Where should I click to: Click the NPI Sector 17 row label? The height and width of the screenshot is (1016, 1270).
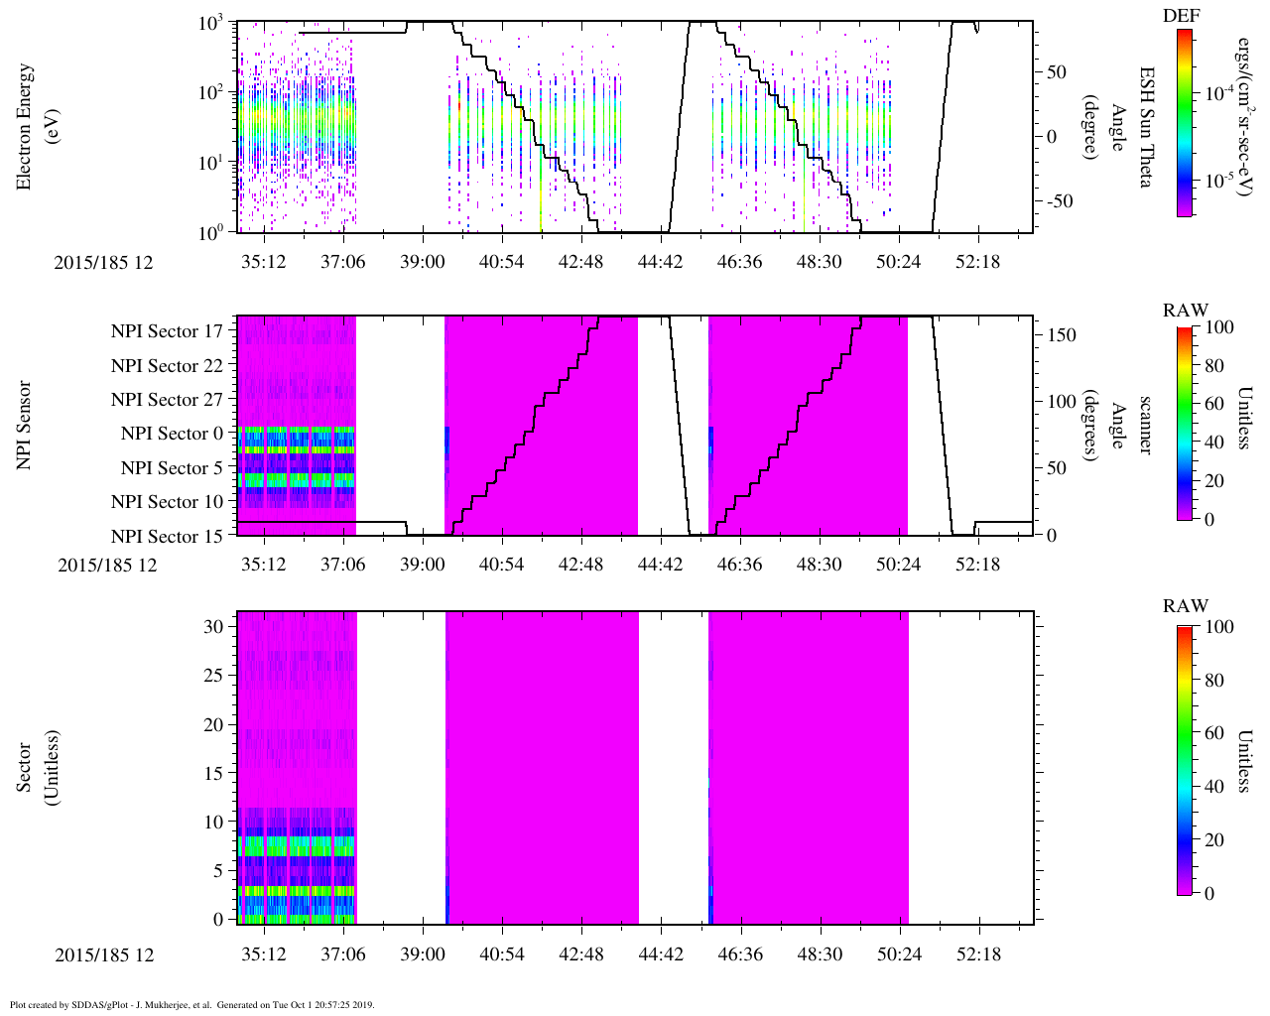pyautogui.click(x=167, y=331)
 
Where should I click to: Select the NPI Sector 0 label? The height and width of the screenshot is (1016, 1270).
pyautogui.click(x=172, y=434)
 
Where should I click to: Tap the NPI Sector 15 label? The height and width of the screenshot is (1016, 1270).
pyautogui.click(x=167, y=537)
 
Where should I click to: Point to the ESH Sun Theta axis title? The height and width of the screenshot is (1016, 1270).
pyautogui.click(x=1146, y=127)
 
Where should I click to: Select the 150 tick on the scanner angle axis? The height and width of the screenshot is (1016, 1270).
pyautogui.click(x=1062, y=335)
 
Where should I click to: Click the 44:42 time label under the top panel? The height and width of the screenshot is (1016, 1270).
pyautogui.click(x=660, y=262)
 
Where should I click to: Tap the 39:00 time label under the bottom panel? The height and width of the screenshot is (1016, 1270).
pyautogui.click(x=422, y=954)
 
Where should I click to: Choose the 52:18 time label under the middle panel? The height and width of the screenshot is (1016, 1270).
pyautogui.click(x=977, y=565)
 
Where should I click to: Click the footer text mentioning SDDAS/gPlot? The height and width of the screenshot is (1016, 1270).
pyautogui.click(x=191, y=1004)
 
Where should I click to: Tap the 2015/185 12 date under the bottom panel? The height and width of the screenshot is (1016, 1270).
pyautogui.click(x=104, y=955)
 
